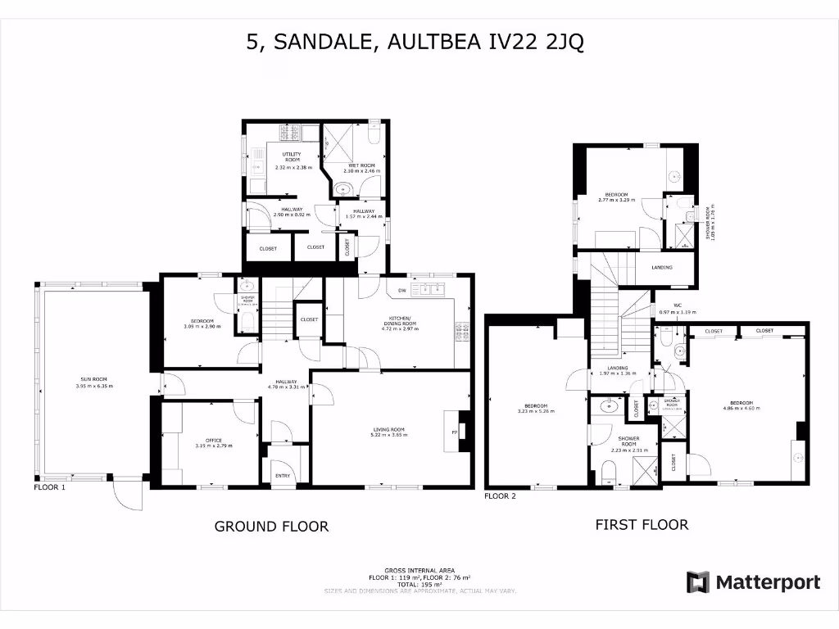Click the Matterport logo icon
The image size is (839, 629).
tap(698, 582)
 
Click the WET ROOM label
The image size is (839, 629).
tap(361, 166)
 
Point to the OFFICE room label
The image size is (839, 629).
tap(215, 441)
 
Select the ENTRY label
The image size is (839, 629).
tap(283, 475)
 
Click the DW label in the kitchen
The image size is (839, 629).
tap(402, 291)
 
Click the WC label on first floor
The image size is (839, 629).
tap(678, 305)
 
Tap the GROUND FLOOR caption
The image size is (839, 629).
tap(271, 527)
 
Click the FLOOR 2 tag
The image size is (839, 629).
tap(501, 496)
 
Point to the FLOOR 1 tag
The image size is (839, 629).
tap(50, 487)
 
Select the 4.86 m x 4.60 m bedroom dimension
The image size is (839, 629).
tap(741, 409)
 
